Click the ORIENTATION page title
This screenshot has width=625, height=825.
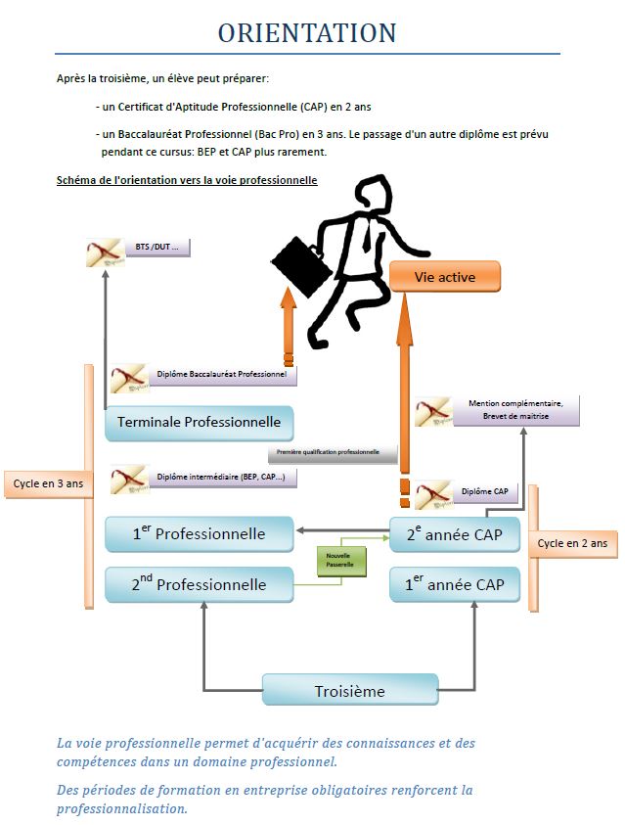307,32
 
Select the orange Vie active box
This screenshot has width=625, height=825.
445,277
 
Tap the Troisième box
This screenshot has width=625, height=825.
349,690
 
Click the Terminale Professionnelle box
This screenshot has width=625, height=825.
199,423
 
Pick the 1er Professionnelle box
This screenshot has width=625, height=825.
199,533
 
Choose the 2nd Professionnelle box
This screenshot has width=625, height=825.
199,584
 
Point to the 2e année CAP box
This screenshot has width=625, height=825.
455,533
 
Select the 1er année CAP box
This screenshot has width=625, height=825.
455,584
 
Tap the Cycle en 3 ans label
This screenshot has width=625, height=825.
48,482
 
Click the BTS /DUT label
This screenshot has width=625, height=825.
156,247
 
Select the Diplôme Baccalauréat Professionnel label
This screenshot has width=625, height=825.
221,374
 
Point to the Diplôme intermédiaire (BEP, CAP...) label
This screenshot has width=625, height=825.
221,478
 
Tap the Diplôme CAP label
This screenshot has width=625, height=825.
484,491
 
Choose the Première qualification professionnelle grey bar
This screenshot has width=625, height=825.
333,454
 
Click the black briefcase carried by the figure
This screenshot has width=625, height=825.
297,260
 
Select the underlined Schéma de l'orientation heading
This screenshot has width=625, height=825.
187,180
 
